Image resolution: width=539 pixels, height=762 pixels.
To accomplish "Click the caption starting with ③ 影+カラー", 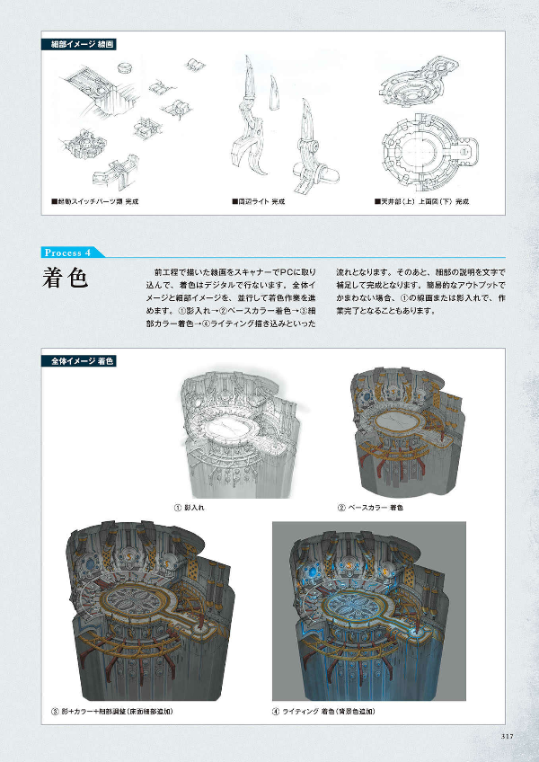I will [x=111, y=712].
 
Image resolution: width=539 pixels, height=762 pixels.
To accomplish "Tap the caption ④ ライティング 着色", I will [x=323, y=712].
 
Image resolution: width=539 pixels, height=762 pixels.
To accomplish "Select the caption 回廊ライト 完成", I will [x=261, y=201].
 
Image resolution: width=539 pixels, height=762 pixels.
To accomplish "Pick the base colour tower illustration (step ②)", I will [x=406, y=431].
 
